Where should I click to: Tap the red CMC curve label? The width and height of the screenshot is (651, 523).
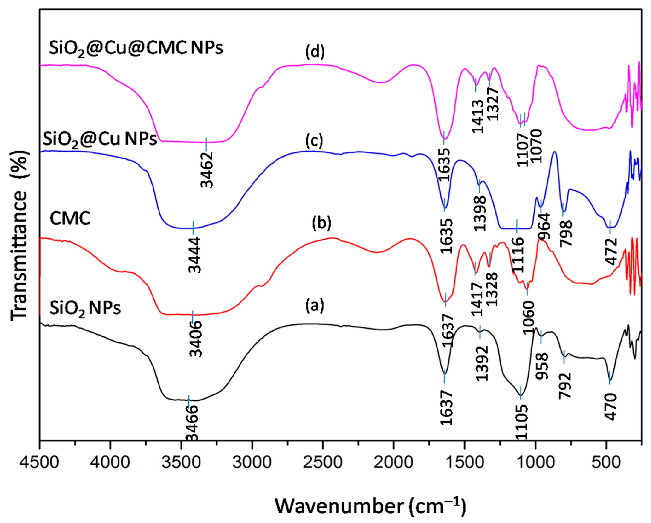70,218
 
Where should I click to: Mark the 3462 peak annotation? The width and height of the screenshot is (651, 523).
207,170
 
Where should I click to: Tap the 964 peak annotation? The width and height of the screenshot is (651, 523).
543,226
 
